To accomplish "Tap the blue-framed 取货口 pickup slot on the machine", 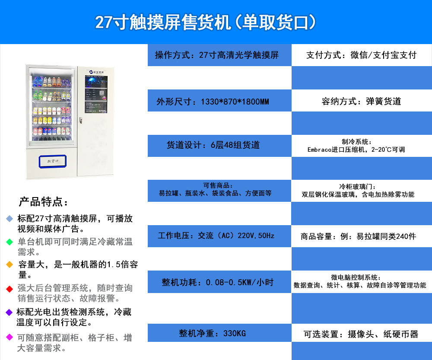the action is point(53,161).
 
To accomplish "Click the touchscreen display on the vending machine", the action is point(96,94).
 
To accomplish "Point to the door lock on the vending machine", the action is point(81,121).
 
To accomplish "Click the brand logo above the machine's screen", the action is point(96,72).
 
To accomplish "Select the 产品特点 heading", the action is point(43,202).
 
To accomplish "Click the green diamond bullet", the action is point(10,242).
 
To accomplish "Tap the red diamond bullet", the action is point(10,289).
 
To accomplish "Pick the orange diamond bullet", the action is point(10,264).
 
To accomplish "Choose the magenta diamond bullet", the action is point(10,337).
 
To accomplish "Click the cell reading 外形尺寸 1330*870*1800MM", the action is point(219,101).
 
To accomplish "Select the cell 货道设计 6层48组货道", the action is point(219,146).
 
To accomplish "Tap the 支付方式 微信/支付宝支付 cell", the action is point(362,55).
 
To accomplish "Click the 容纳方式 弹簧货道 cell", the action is point(362,101).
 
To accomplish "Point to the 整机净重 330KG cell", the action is point(219,333).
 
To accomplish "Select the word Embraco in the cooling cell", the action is point(320,150).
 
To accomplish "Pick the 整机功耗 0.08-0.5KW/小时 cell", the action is point(219,282).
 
